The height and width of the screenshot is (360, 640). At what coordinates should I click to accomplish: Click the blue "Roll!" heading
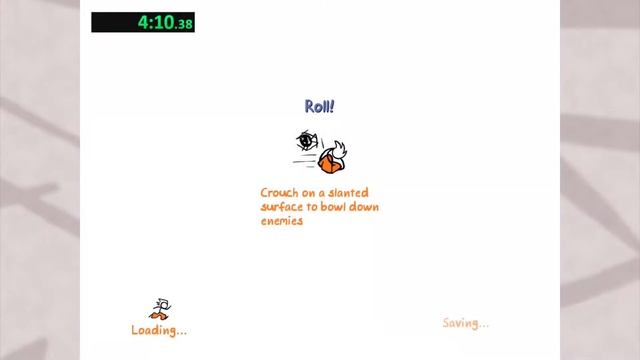click(x=319, y=106)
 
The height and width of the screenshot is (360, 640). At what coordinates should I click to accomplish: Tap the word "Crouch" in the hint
click(x=279, y=193)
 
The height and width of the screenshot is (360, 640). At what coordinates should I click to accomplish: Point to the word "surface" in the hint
click(x=283, y=207)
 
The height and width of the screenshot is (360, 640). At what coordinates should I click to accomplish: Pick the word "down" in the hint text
click(x=367, y=207)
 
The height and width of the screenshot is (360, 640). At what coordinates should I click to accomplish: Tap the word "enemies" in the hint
click(x=282, y=221)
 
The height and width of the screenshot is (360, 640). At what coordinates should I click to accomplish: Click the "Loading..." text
click(x=159, y=330)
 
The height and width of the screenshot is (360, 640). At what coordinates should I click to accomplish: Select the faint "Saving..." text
click(x=466, y=323)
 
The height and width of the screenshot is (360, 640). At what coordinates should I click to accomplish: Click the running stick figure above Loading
click(x=160, y=309)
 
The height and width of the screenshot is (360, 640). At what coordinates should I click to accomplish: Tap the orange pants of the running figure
click(x=159, y=315)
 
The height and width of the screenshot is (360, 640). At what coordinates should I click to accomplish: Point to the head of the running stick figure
click(x=162, y=301)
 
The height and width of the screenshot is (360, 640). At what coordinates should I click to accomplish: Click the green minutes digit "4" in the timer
click(x=143, y=22)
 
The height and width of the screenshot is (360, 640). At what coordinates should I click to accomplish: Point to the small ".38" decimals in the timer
click(x=184, y=24)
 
